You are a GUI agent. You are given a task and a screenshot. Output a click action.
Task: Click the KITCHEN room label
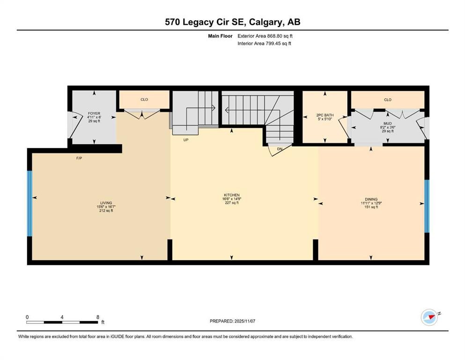[x=231, y=195]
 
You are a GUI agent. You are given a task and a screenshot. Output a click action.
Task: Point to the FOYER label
[x=94, y=113]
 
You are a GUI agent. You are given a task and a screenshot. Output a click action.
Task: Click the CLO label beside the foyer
[x=144, y=99]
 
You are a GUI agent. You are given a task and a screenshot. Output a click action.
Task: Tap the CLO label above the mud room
[x=387, y=99]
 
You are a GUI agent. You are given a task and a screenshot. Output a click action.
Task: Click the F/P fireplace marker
[x=79, y=158]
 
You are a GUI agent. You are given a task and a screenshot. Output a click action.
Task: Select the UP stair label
[x=186, y=139]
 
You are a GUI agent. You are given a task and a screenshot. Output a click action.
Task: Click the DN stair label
[x=280, y=149]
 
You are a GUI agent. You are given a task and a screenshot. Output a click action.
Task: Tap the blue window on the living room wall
[x=30, y=203]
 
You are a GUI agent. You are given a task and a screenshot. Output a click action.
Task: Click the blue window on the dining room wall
[x=427, y=206]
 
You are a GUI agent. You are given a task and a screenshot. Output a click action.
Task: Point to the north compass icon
[x=429, y=317]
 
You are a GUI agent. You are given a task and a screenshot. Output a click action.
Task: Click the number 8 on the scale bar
[x=97, y=317]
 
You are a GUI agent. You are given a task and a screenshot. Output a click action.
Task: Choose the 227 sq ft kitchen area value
[x=231, y=203]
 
